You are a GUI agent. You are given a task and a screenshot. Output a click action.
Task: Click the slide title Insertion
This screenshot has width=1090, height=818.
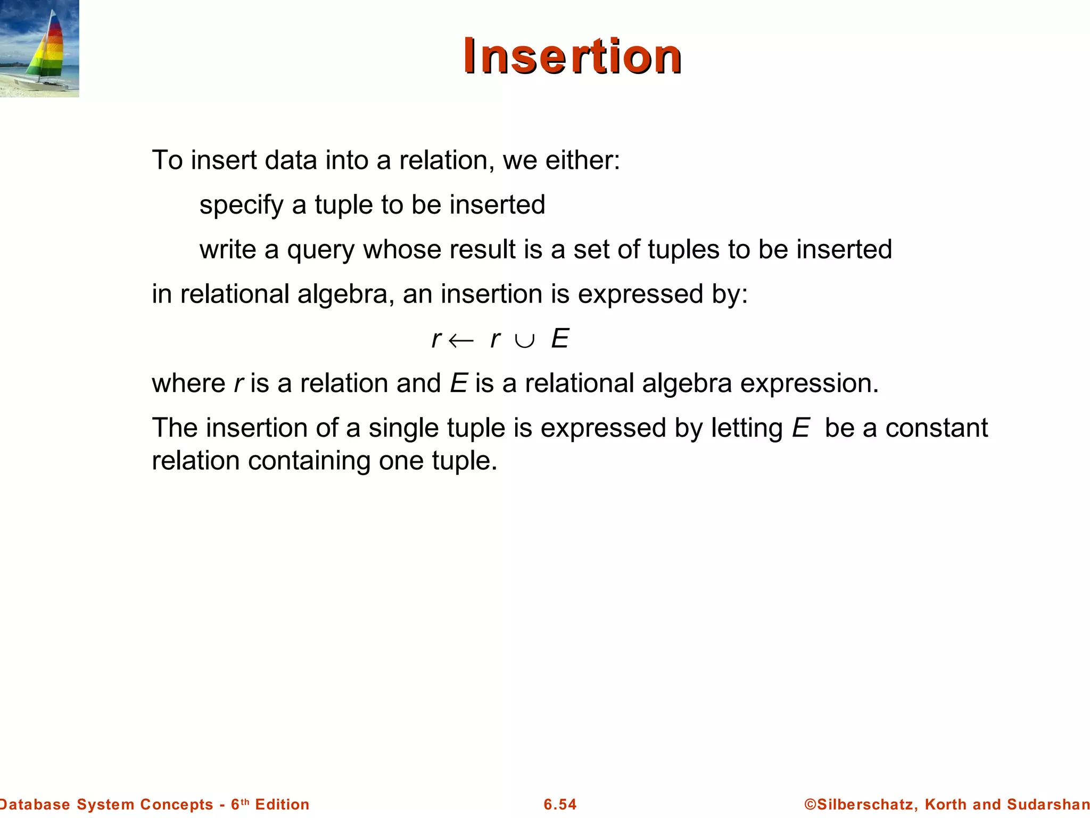click(572, 56)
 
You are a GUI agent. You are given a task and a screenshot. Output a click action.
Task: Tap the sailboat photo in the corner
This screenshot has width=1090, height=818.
click(39, 48)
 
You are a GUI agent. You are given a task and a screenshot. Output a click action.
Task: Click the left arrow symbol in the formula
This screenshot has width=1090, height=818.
click(461, 340)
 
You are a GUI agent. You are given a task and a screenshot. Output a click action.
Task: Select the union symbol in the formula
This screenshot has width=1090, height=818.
click(525, 340)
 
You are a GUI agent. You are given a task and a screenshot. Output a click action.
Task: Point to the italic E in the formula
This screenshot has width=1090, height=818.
click(560, 339)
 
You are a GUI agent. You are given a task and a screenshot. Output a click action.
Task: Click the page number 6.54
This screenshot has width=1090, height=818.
click(560, 804)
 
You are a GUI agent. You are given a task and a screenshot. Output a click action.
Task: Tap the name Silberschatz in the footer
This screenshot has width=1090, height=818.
click(864, 804)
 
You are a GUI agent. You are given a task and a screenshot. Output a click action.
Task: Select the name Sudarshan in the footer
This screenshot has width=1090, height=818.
click(1048, 804)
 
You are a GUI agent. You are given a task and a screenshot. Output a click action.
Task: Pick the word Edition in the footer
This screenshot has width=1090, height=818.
click(282, 804)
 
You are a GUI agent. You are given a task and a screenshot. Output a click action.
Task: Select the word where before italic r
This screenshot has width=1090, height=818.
click(188, 383)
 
